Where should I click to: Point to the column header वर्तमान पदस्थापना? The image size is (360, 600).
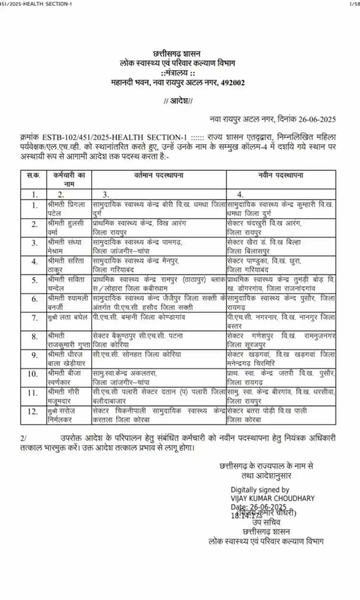coord(157,175)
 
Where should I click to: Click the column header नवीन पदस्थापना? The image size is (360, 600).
coord(280,175)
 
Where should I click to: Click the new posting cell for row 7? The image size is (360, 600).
coord(280,320)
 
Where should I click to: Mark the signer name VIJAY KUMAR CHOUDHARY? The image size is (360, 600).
coord(273,498)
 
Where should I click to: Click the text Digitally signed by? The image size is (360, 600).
coord(260,489)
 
